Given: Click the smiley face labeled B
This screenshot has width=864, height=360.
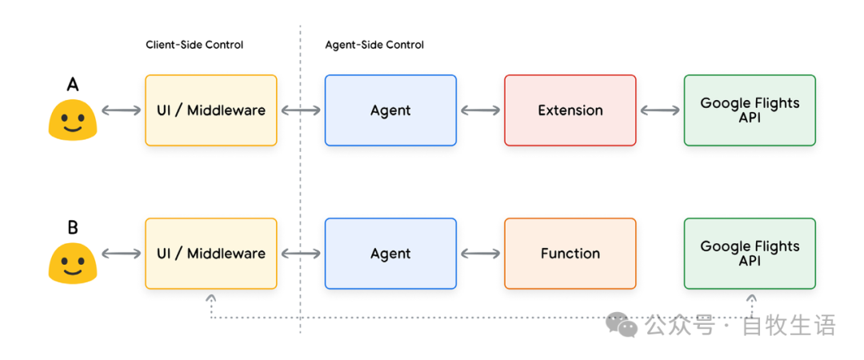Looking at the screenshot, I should (x=73, y=264).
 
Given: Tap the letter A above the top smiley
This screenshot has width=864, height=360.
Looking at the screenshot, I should (x=73, y=86).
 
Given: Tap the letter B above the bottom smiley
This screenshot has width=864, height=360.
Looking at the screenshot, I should (x=73, y=228).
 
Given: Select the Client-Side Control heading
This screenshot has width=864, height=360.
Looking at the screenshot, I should (x=194, y=45).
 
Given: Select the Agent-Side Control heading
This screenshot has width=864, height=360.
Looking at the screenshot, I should (x=374, y=45).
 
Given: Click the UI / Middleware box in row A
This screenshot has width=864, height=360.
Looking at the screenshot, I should (x=211, y=110).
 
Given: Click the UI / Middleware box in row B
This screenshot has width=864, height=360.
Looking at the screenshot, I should (x=211, y=254).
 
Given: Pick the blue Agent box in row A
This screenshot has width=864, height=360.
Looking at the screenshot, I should (x=390, y=110).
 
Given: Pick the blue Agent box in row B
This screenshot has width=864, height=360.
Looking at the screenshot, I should (x=390, y=254).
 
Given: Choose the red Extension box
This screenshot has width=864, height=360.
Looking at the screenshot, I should (x=570, y=110).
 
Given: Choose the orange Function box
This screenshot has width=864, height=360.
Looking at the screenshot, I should (x=570, y=254).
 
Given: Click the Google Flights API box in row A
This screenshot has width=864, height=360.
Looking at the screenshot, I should (x=750, y=110).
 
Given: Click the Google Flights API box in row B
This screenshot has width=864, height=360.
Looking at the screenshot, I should (x=750, y=254).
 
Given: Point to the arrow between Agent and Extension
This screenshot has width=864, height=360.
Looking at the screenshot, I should (x=480, y=110).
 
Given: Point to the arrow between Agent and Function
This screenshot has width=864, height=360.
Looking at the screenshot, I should (x=480, y=254).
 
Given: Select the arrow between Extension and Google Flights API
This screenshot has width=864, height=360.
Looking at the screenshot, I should (x=660, y=110).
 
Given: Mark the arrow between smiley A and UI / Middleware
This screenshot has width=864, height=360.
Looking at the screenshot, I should (x=121, y=110).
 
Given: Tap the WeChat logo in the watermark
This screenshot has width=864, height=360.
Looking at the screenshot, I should (x=622, y=324).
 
